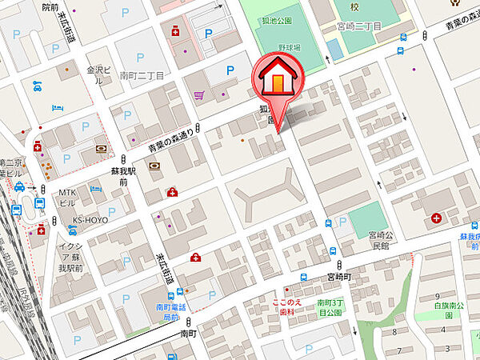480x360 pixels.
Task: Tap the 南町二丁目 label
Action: click(x=141, y=76)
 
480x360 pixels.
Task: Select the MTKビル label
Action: click(x=66, y=197)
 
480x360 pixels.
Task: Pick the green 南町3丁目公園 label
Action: click(x=328, y=308)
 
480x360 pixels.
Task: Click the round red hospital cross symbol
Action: click(x=437, y=218)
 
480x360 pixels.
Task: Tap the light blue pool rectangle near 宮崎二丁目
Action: click(x=334, y=49)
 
